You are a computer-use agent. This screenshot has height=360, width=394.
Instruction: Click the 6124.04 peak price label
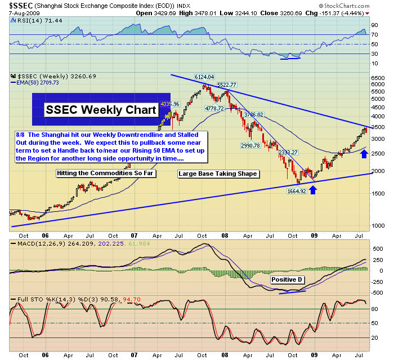205,77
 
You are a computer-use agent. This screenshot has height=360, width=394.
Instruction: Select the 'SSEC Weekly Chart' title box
101,109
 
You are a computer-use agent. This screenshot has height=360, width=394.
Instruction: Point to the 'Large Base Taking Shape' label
218,174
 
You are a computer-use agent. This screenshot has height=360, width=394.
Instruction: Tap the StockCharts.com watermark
352,5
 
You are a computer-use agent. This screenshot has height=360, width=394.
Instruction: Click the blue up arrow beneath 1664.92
313,190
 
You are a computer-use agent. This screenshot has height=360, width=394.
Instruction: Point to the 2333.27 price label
289,152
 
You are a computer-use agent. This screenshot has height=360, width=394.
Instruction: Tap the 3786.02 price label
254,114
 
